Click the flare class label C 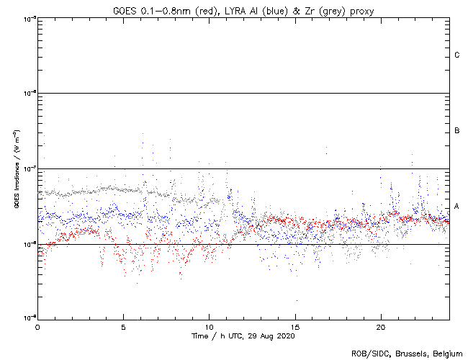[x=457, y=55]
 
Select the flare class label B [x=457, y=131]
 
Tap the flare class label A [x=457, y=207]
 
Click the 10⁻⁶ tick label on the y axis [x=29, y=94]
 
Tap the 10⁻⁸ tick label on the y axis [x=29, y=244]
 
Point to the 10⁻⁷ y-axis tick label [x=29, y=168]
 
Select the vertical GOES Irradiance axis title [x=16, y=169]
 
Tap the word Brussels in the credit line [x=406, y=353]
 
